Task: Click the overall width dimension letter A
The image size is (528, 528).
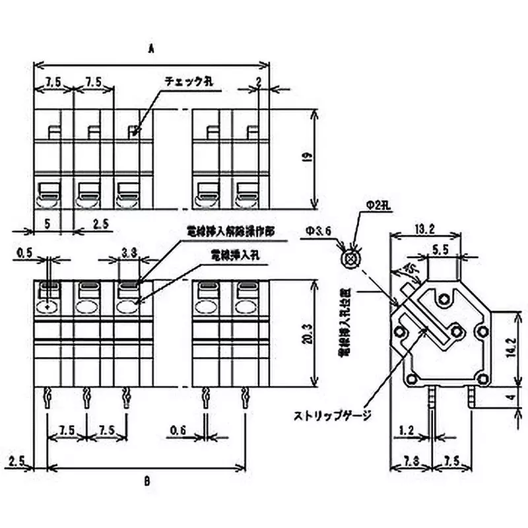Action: pos(151,48)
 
